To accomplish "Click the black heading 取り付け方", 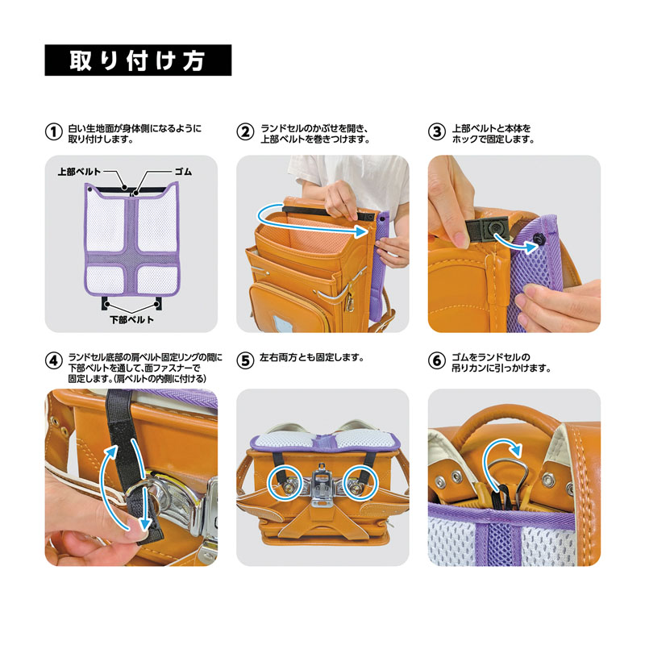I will (138, 60).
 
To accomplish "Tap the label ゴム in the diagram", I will (183, 173).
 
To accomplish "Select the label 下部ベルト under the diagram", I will (132, 319).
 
